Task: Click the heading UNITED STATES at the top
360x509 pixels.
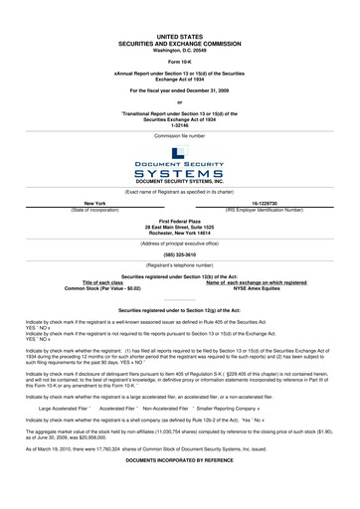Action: click(180, 34)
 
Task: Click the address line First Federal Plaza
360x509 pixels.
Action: click(180, 221)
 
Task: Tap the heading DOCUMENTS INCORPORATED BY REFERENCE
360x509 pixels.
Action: click(180, 493)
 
